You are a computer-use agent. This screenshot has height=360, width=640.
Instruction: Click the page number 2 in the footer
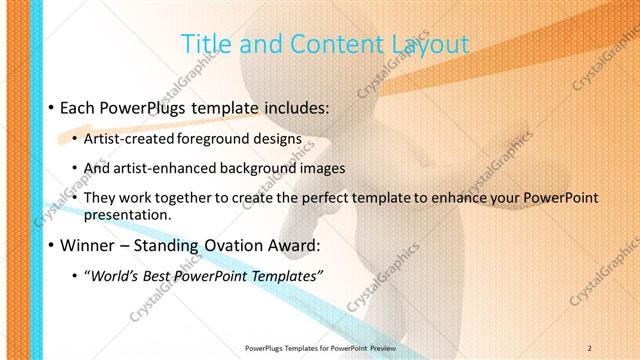click(x=589, y=347)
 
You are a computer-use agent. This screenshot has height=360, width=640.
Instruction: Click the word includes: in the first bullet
click(x=295, y=106)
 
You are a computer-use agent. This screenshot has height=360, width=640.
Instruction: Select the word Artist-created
click(x=132, y=139)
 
